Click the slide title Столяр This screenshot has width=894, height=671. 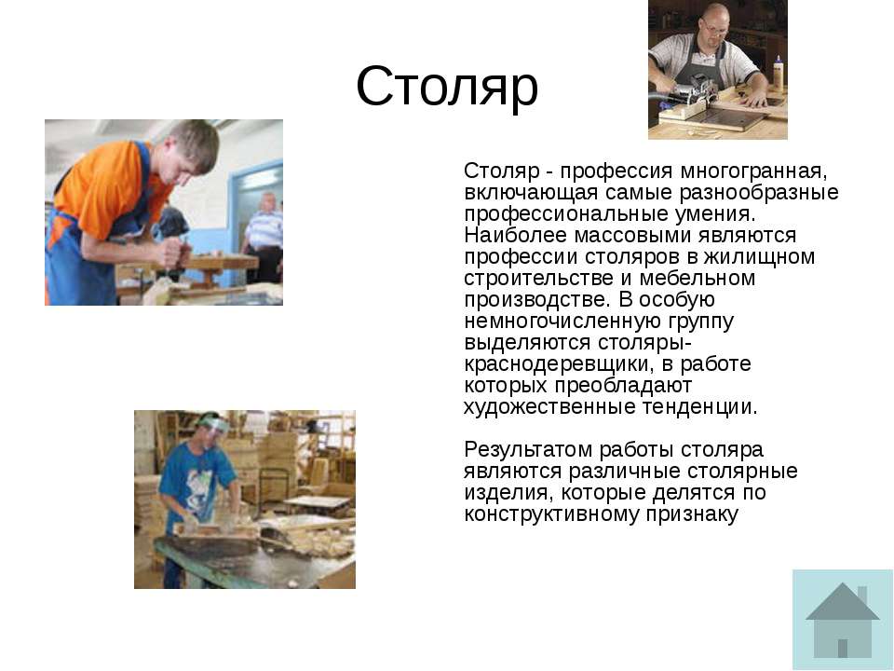(447, 87)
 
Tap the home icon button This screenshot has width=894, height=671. (842, 620)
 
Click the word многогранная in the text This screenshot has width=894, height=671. (753, 171)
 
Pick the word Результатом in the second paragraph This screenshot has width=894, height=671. (528, 449)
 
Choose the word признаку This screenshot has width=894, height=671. (692, 514)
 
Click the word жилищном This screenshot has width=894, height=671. (759, 257)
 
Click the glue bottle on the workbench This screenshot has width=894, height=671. (779, 73)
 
